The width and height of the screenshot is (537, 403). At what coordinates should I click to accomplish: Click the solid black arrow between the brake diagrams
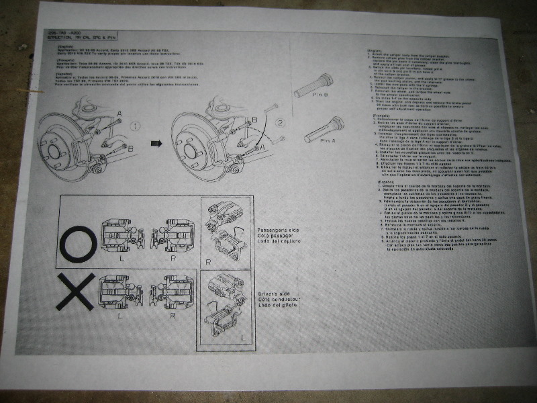pyautogui.click(x=156, y=144)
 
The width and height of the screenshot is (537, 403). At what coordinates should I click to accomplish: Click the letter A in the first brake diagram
pyautogui.click(x=119, y=114)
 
